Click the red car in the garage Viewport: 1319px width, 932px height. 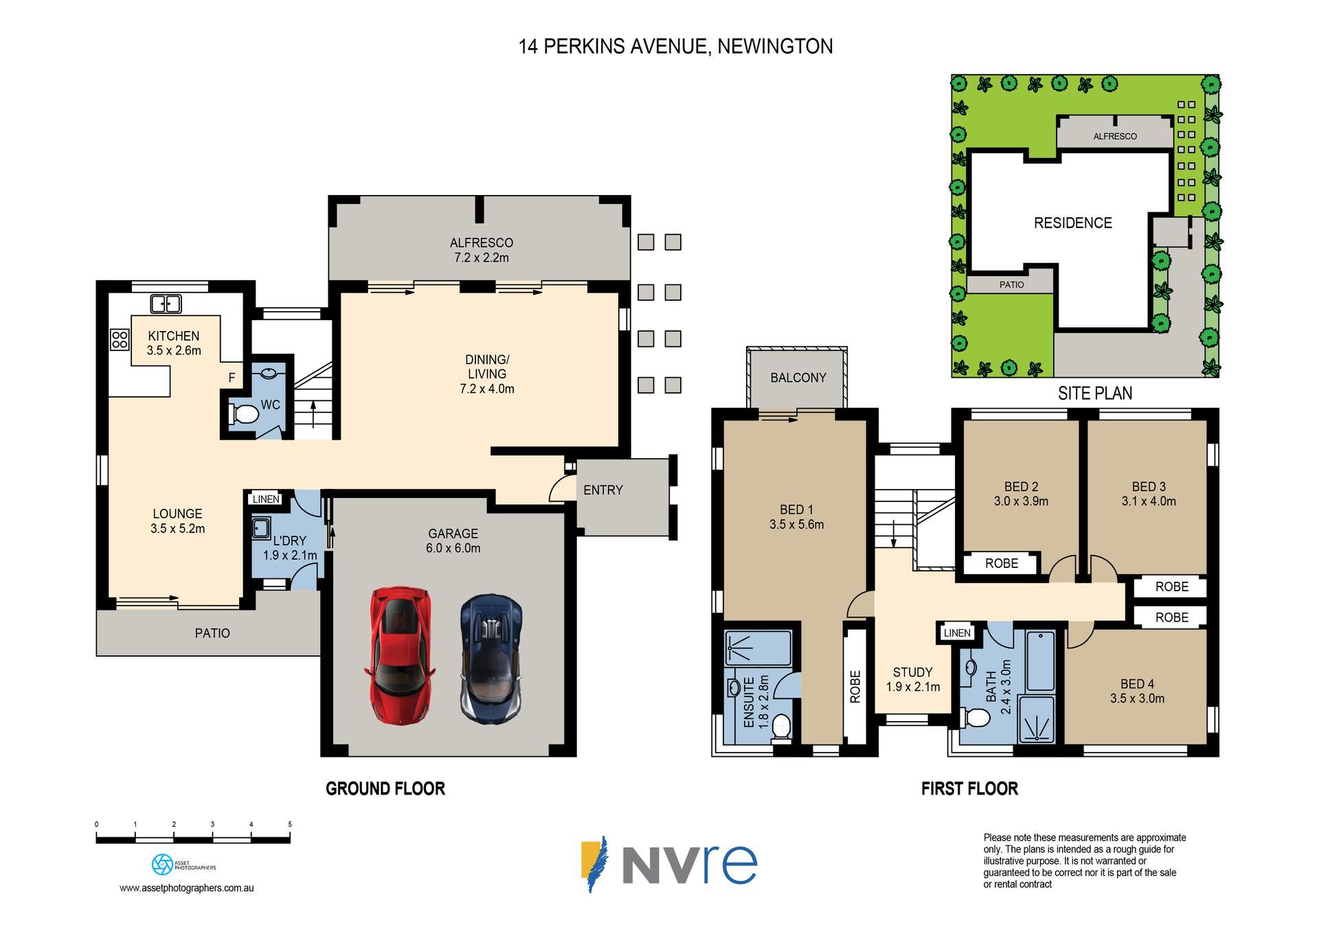400,655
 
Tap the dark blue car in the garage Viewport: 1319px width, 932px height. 491,659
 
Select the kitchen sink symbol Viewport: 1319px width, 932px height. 166,304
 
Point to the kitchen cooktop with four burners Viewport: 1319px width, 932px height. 120,339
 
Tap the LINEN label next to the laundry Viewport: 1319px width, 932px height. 266,499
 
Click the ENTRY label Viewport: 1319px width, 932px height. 603,490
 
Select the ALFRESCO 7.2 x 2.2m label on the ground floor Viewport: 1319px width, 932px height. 482,250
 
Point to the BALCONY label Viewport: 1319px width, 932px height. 798,378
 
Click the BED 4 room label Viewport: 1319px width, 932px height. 1137,691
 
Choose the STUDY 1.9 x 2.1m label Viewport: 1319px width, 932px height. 913,679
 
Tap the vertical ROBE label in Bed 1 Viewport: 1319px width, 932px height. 855,687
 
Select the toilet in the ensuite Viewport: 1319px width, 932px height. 781,729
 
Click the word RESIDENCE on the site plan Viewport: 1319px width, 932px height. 1073,223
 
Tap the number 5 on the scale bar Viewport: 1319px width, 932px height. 290,824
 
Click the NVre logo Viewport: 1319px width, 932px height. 669,863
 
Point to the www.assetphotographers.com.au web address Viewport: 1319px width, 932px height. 187,888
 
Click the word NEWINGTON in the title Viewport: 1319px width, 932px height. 775,47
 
